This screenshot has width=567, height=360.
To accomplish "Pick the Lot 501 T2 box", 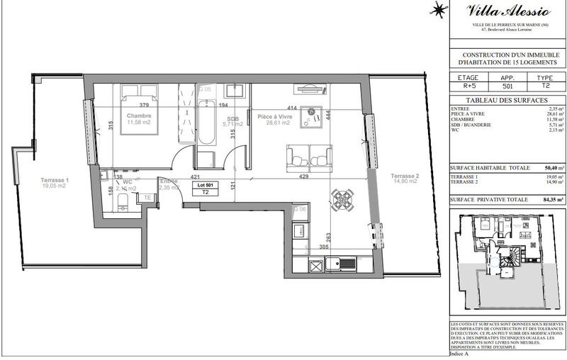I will (x=206, y=188).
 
